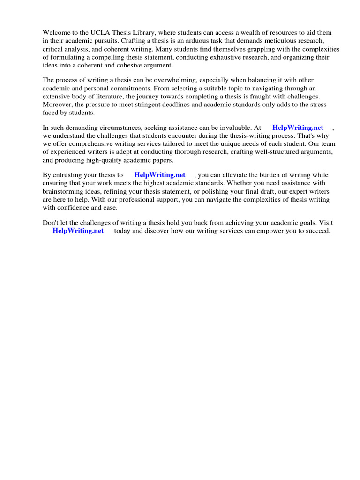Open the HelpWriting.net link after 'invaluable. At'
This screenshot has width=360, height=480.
point(298,127)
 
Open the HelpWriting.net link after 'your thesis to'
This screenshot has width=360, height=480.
point(159,175)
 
